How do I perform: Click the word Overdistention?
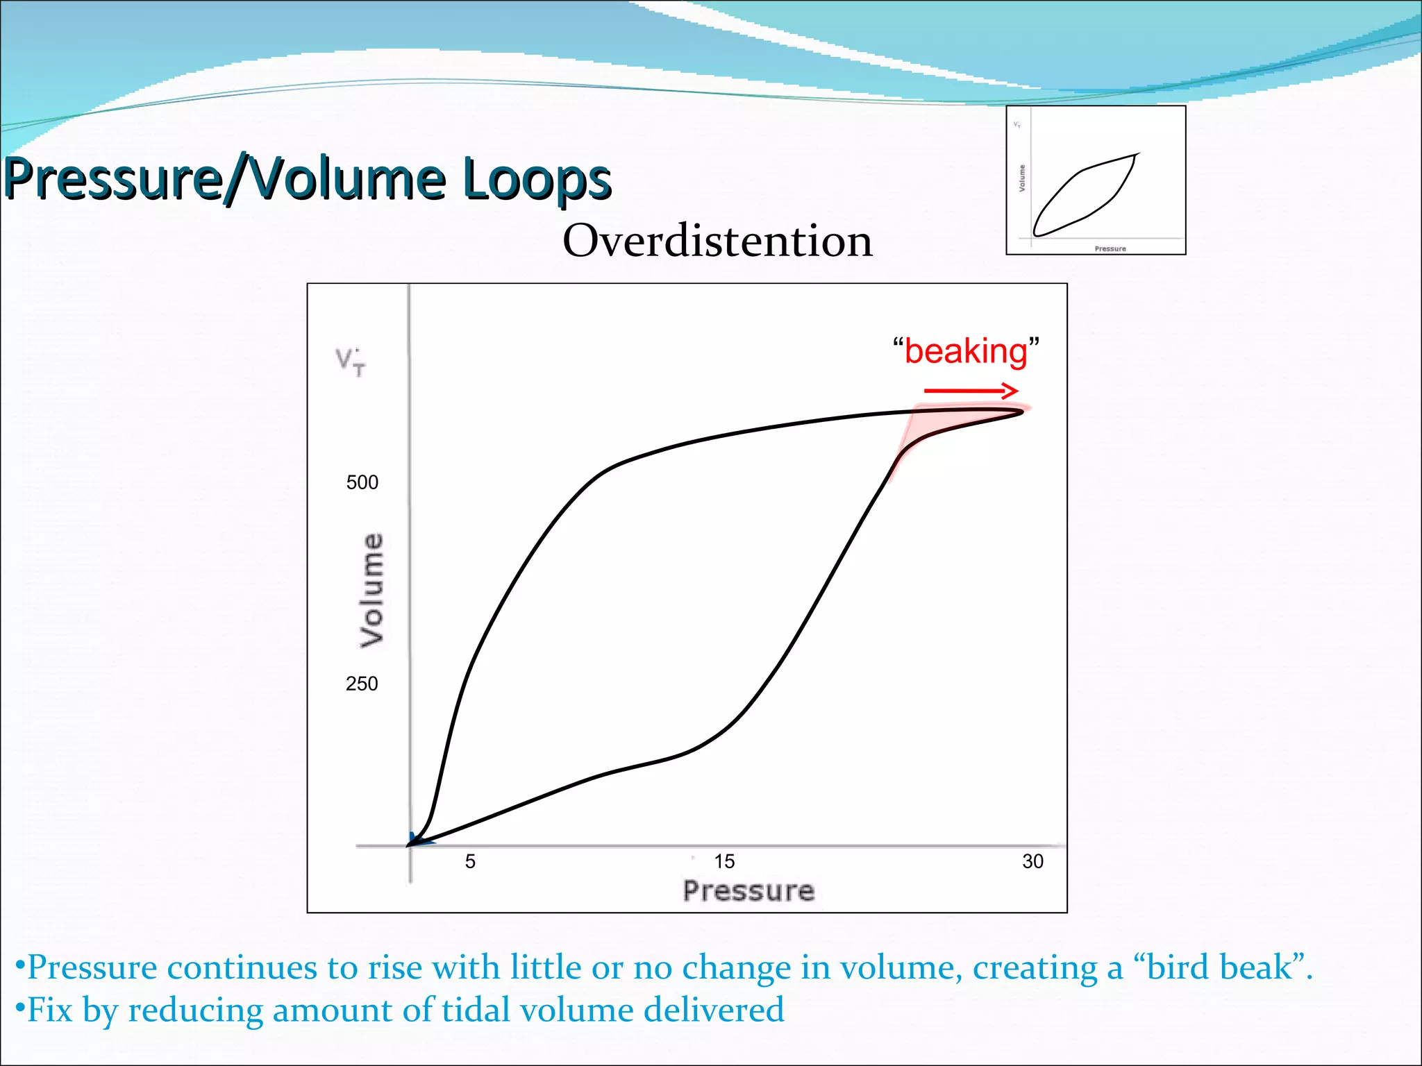tap(717, 241)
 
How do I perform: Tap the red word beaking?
tap(966, 351)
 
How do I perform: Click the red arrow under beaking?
tap(970, 391)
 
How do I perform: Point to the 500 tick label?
tap(362, 482)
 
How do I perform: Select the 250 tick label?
tap(362, 684)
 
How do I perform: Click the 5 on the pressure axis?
tap(470, 861)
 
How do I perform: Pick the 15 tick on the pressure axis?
tap(724, 861)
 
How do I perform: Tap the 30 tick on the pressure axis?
tap(1032, 861)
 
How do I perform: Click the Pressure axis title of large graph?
tap(748, 891)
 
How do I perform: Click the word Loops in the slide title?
tap(536, 179)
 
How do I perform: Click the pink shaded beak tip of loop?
tap(972, 417)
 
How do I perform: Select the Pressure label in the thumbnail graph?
tap(1110, 248)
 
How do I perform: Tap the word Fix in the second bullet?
tap(49, 1010)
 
